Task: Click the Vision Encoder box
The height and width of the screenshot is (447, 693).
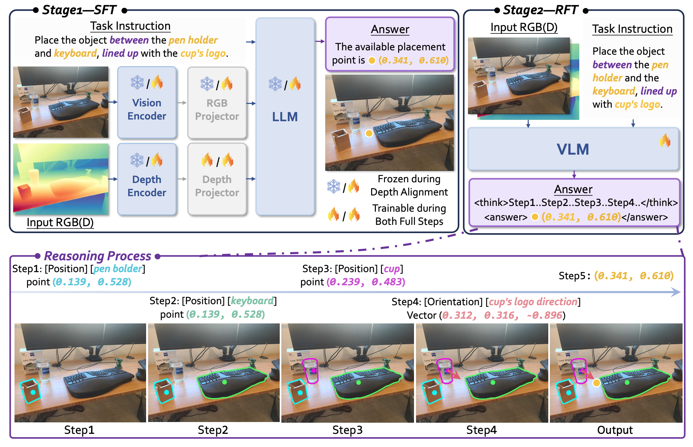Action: pos(147,103)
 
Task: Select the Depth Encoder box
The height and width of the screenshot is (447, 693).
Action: pos(147,179)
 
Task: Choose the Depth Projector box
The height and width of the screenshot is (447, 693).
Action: pos(217,179)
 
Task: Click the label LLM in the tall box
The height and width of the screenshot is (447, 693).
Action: pos(285,117)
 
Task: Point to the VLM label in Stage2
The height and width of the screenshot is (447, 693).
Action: pos(573,149)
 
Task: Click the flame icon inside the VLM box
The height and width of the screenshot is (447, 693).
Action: pos(665,140)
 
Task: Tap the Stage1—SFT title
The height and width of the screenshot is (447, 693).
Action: pos(79,10)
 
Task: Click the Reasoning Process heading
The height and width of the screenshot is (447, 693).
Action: pos(98,256)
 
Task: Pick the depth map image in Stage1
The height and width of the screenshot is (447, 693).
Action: pos(61,179)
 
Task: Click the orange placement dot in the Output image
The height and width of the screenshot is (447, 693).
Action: pos(596,383)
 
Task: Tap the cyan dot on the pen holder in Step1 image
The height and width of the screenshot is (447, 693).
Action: pos(33,392)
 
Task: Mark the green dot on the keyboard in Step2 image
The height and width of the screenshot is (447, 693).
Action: pos(225,383)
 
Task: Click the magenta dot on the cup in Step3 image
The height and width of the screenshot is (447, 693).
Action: pos(314,371)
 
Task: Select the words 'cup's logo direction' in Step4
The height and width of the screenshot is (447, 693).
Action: pos(533,301)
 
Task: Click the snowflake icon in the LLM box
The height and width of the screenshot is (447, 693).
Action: pos(275,84)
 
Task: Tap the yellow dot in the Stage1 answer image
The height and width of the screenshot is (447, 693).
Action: pos(369,133)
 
